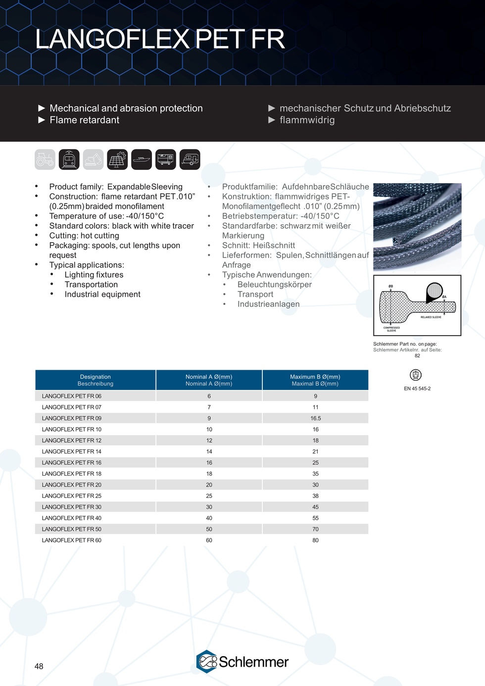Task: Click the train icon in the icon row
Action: pos(69,159)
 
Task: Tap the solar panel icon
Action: pos(117,159)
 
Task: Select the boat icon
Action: pos(142,159)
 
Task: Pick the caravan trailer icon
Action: pos(190,159)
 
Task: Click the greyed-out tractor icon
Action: pos(45,159)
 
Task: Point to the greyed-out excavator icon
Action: pos(93,159)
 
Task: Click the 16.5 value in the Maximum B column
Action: pos(315,418)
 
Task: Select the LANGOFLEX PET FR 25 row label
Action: pos(72,496)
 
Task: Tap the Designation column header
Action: pos(96,377)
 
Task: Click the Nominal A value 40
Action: pos(209,518)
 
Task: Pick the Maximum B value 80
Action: pos(315,540)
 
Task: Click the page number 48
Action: pos(39,666)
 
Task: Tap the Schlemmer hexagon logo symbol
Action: pos(207,662)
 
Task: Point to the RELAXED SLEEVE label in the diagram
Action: pos(431,317)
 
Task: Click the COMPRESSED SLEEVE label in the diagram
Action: pos(391,329)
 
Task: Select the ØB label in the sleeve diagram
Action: pos(390,287)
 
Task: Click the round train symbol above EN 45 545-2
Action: pos(416,375)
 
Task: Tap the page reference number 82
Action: pos(417,356)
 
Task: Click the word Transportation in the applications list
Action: pos(91,285)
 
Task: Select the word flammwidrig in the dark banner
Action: pos(307,120)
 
